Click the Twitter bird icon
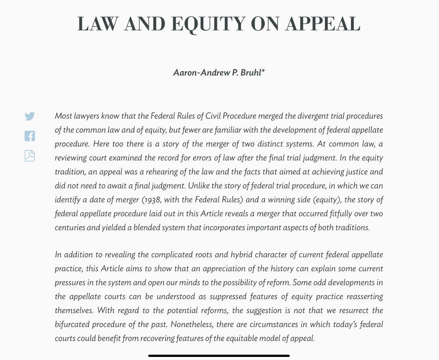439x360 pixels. coord(29,116)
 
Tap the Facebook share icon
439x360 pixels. coord(29,136)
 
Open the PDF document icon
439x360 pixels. coord(29,156)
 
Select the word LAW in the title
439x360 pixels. coord(98,24)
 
